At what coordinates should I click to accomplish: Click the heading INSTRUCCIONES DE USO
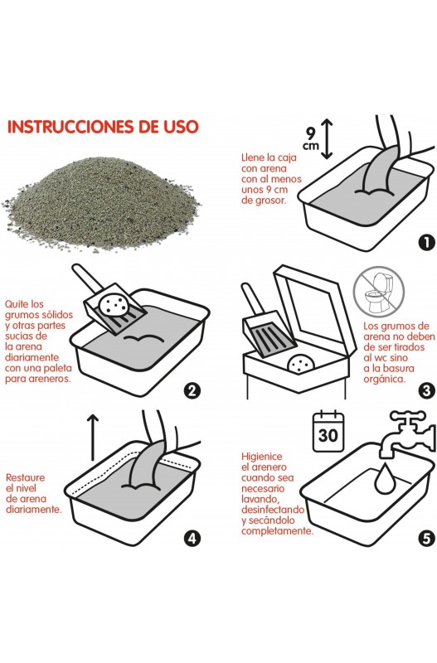(103, 127)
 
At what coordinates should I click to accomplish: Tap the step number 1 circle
(426, 242)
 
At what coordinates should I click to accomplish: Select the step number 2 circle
(192, 390)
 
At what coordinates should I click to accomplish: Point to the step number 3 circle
(426, 390)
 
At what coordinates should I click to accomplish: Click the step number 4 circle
(192, 538)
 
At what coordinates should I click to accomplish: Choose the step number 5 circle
(426, 538)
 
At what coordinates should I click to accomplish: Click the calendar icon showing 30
(328, 431)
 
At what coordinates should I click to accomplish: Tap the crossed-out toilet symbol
(379, 292)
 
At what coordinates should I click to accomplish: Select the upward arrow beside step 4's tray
(92, 438)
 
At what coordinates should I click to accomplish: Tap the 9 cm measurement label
(311, 139)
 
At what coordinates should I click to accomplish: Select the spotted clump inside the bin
(300, 364)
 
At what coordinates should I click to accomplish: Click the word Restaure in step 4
(25, 477)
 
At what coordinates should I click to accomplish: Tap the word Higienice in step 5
(261, 457)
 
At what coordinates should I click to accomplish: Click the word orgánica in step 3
(384, 380)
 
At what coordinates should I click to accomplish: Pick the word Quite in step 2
(18, 304)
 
